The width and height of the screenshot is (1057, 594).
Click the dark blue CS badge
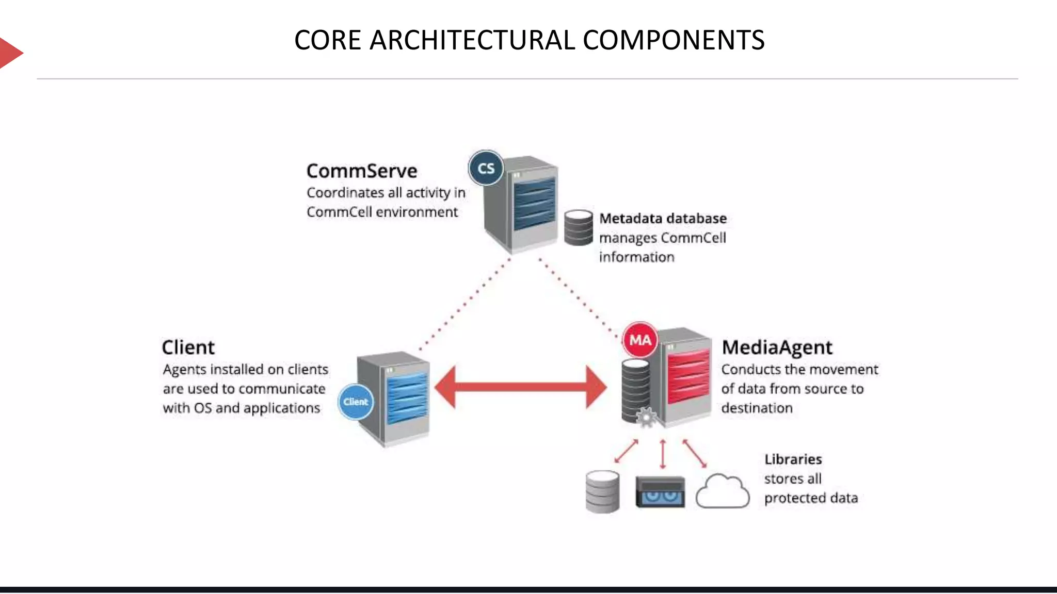[x=486, y=168]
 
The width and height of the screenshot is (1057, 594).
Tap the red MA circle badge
[x=640, y=340]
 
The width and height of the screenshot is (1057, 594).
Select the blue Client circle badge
[x=356, y=402]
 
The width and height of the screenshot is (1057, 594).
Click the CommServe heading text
[x=361, y=171]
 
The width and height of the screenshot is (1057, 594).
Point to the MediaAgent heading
[x=777, y=348]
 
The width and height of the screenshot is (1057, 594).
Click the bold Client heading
[x=188, y=348]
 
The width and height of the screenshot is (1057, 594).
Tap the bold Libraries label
[x=793, y=459]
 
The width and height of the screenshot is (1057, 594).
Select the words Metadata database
[x=663, y=219]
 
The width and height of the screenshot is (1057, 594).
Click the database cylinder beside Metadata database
[x=578, y=227]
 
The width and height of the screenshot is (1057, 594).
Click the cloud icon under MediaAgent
[x=722, y=492]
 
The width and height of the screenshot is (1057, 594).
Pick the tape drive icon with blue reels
[x=660, y=492]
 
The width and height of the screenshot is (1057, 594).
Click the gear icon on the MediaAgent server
[x=646, y=417]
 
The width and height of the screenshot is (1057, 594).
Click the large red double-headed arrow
[x=520, y=387]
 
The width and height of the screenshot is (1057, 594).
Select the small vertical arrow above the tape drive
[x=663, y=454]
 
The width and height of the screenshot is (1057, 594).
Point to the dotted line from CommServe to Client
[x=465, y=304]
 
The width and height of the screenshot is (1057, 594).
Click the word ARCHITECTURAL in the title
[x=472, y=40]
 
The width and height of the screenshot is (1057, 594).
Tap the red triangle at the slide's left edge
[x=9, y=53]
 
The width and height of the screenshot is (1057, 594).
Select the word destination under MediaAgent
[x=757, y=408]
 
